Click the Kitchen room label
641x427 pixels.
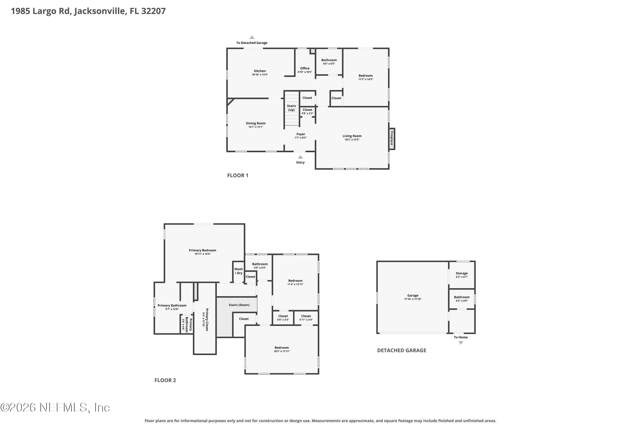pyautogui.click(x=260, y=71)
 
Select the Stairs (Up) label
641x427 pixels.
pyautogui.click(x=291, y=108)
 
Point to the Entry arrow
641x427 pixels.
pyautogui.click(x=300, y=157)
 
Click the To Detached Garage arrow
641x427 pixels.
pyautogui.click(x=252, y=37)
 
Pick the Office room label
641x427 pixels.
pyautogui.click(x=305, y=68)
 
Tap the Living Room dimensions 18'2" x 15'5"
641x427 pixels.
pyautogui.click(x=352, y=140)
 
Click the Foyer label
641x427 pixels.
pyautogui.click(x=301, y=134)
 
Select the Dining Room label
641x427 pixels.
pyautogui.click(x=256, y=123)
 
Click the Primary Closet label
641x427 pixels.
pyautogui.click(x=207, y=319)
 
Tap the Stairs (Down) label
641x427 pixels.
pyautogui.click(x=239, y=305)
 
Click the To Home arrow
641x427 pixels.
pyautogui.click(x=461, y=343)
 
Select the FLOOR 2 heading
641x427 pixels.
pyautogui.click(x=165, y=380)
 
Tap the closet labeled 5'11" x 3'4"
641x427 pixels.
pyautogui.click(x=306, y=318)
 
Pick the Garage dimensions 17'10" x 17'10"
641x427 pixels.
pyautogui.click(x=413, y=299)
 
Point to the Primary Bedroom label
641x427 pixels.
pyautogui.click(x=203, y=250)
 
